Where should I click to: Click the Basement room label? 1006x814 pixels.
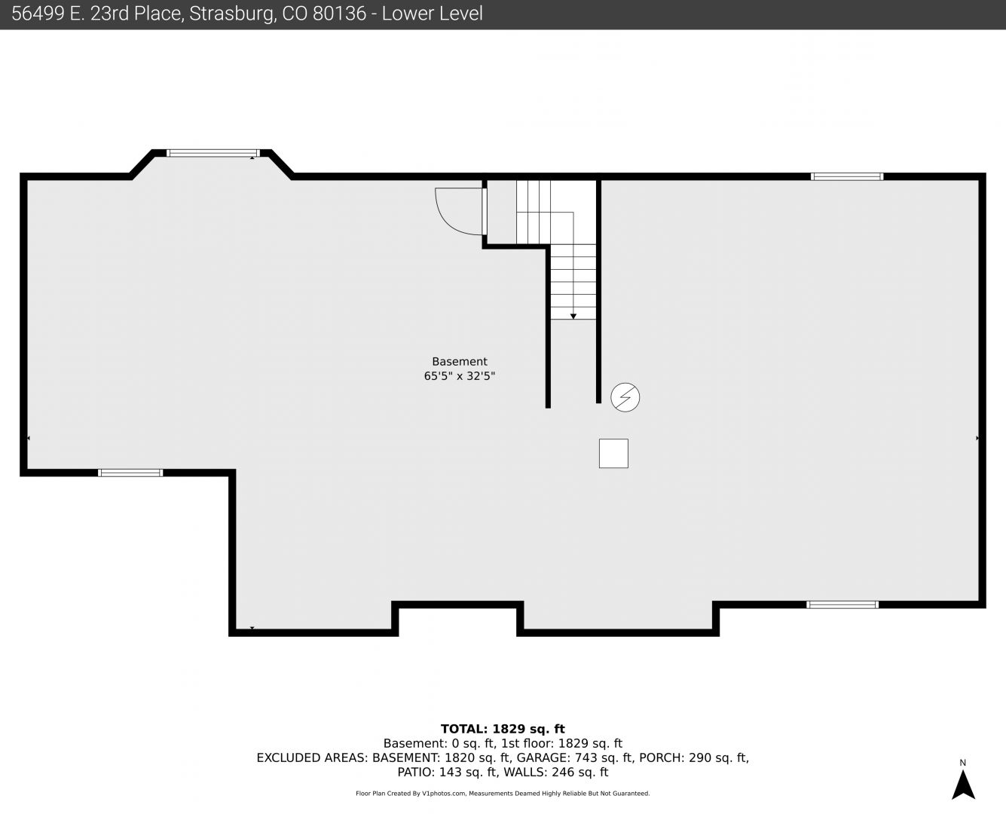(459, 362)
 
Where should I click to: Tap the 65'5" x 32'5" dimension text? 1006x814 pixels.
(459, 376)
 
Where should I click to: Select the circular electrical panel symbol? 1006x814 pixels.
(625, 397)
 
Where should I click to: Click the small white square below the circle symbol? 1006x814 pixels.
(613, 454)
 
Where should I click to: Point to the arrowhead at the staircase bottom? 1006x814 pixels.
(573, 316)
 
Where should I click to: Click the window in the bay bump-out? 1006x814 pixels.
(213, 153)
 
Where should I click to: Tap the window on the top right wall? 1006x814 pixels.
(847, 176)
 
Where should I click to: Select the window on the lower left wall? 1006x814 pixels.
(130, 473)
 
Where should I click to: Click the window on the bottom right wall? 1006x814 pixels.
(842, 604)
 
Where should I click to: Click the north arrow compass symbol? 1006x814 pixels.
(963, 785)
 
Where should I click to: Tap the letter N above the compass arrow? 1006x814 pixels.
(962, 763)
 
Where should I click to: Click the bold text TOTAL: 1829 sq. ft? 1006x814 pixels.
(503, 729)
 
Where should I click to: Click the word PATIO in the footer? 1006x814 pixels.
(416, 773)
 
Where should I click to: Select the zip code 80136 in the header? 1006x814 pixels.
(339, 14)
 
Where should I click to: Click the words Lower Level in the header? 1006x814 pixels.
(432, 14)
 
